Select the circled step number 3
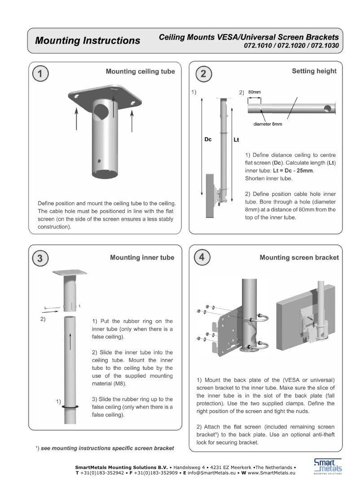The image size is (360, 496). coord(40,258)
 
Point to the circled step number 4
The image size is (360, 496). coord(203,258)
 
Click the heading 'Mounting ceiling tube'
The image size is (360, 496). coord(140,71)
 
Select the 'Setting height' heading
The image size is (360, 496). coord(314,71)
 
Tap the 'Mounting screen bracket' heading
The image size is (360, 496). coord(299,257)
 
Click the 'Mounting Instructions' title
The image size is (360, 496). coord(88,40)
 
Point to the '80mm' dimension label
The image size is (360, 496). coord(255,92)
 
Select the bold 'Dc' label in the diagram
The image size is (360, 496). coord(208,140)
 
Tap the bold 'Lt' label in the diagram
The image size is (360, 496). coord(237,140)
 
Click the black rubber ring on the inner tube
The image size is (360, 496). coord(70,406)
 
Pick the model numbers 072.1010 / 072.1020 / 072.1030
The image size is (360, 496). coord(291,46)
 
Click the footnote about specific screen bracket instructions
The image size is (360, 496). coord(105,448)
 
